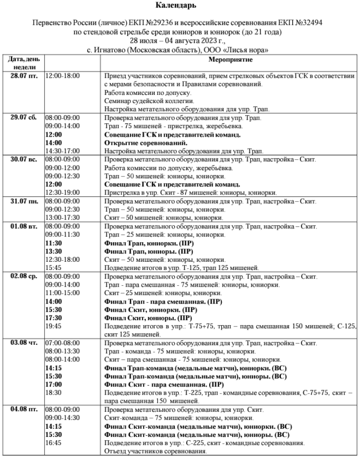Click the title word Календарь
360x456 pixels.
pyautogui.click(x=180, y=6)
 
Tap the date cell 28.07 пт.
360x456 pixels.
pyautogui.click(x=24, y=76)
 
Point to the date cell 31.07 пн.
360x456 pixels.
pyautogui.click(x=24, y=201)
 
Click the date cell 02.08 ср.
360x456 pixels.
pyautogui.click(x=24, y=277)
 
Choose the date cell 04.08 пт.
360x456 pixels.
pyautogui.click(x=24, y=410)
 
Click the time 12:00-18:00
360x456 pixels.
pyautogui.click(x=62, y=76)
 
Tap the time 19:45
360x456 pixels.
pyautogui.click(x=53, y=326)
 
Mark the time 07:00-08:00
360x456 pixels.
pyautogui.click(x=62, y=343)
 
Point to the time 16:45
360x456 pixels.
pyautogui.click(x=53, y=443)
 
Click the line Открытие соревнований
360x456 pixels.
pyautogui.click(x=145, y=143)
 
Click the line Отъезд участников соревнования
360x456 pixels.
pyautogui.click(x=155, y=451)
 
